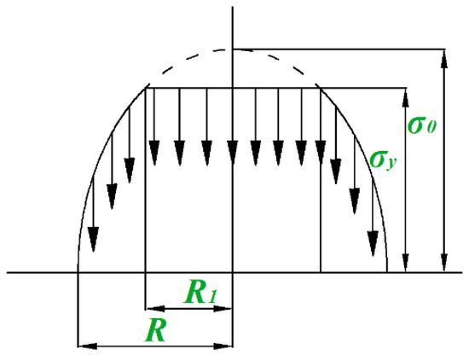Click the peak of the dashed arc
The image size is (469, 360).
pyautogui.click(x=232, y=49)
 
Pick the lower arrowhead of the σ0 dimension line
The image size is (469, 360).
pyautogui.click(x=444, y=265)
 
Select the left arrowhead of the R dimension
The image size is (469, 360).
pyautogui.click(x=84, y=346)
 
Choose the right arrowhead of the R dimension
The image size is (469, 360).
pyautogui.click(x=227, y=346)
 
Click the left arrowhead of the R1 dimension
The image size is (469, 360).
pyautogui.click(x=153, y=306)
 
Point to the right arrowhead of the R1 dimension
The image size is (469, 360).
pyautogui.click(x=227, y=306)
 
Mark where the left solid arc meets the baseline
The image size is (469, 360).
pyautogui.click(x=78, y=272)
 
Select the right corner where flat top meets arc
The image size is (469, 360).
pyautogui.click(x=319, y=86)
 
